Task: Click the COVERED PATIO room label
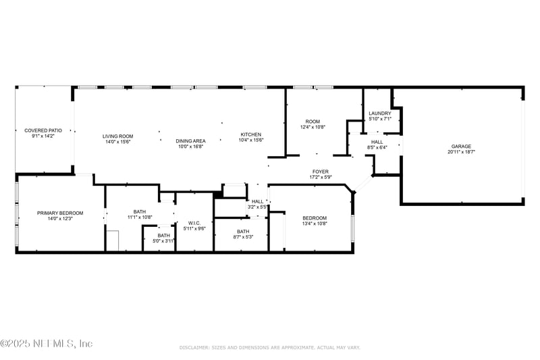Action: tap(43, 130)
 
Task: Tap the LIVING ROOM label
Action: tap(118, 136)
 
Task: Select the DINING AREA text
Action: tap(190, 140)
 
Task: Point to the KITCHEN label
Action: tap(251, 134)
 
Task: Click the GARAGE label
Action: tap(461, 146)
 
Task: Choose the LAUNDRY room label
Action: tap(380, 113)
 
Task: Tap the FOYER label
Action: tap(320, 172)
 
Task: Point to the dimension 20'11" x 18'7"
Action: tap(461, 152)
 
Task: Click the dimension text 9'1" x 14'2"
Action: tap(43, 136)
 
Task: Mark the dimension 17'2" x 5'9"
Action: tap(320, 178)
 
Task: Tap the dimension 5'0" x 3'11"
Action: tap(164, 241)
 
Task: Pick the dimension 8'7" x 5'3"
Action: tap(242, 237)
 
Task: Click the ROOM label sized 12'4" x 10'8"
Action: tap(313, 121)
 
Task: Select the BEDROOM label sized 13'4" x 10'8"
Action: tap(315, 217)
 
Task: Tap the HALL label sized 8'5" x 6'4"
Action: tap(377, 142)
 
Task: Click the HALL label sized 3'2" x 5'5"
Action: tap(258, 201)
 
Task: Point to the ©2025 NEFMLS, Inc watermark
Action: tap(47, 343)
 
